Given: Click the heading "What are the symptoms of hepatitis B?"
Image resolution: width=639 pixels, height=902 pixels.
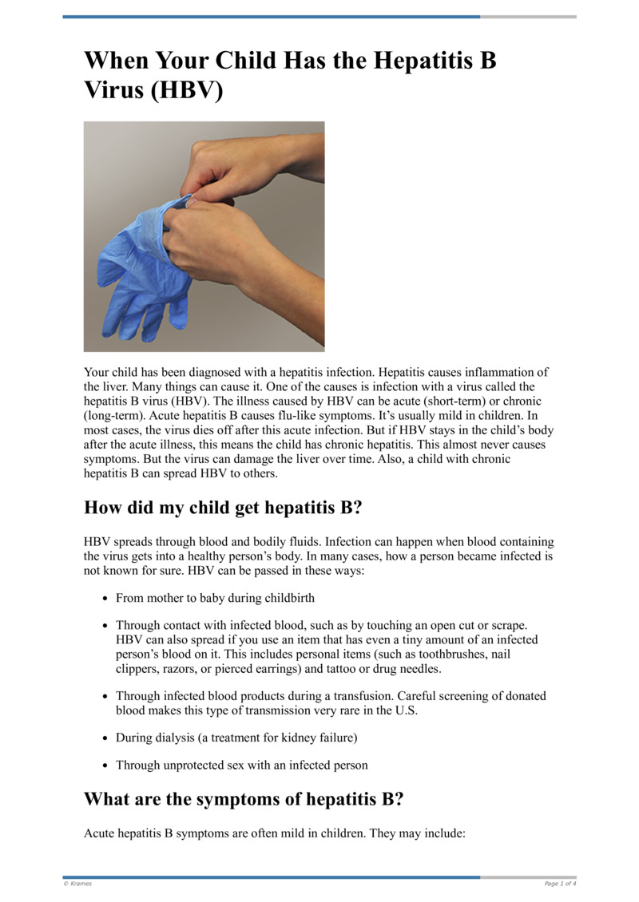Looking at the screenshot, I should click(x=247, y=799).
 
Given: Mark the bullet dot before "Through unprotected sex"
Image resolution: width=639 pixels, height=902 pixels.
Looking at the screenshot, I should click(x=105, y=765).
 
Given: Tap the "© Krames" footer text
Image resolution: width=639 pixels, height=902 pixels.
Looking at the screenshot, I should click(x=77, y=884).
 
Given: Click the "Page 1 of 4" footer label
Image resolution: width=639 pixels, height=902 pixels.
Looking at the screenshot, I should click(x=559, y=884).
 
